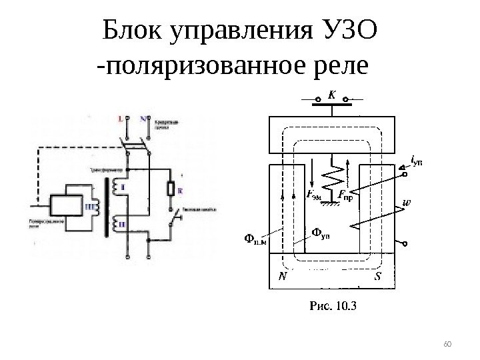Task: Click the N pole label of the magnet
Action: pyautogui.click(x=283, y=275)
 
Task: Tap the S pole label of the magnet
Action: pyautogui.click(x=378, y=275)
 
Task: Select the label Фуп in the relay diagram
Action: pyautogui.click(x=321, y=233)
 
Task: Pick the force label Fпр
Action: pyautogui.click(x=345, y=195)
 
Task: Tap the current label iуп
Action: pyautogui.click(x=417, y=159)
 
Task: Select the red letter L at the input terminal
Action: pyautogui.click(x=119, y=119)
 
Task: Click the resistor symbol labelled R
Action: pyautogui.click(x=171, y=190)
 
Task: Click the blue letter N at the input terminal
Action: pyautogui.click(x=143, y=119)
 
